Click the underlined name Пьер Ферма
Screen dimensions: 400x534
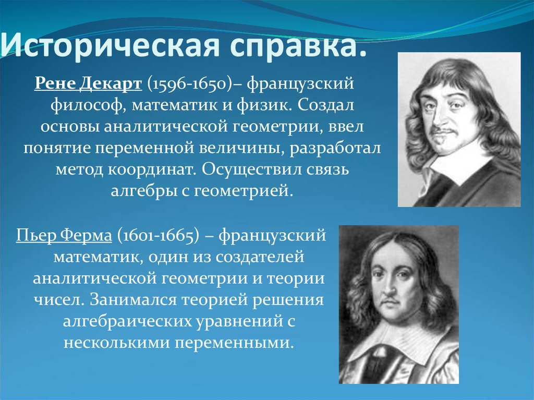(x=64, y=235)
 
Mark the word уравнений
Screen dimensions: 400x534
(x=234, y=322)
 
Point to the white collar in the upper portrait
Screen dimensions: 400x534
(x=459, y=164)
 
